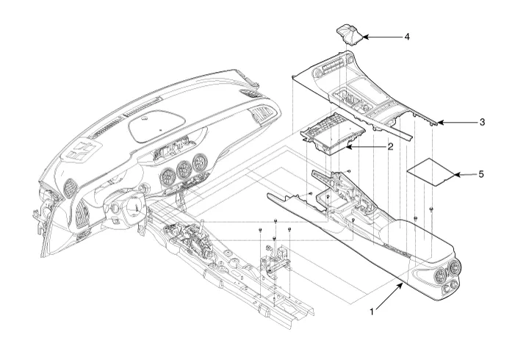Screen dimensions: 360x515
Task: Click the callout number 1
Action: coord(372,312)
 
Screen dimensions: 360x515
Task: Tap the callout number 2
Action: coord(390,147)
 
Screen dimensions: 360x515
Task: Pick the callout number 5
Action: coord(481,175)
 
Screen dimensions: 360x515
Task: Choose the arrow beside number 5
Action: coord(464,175)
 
